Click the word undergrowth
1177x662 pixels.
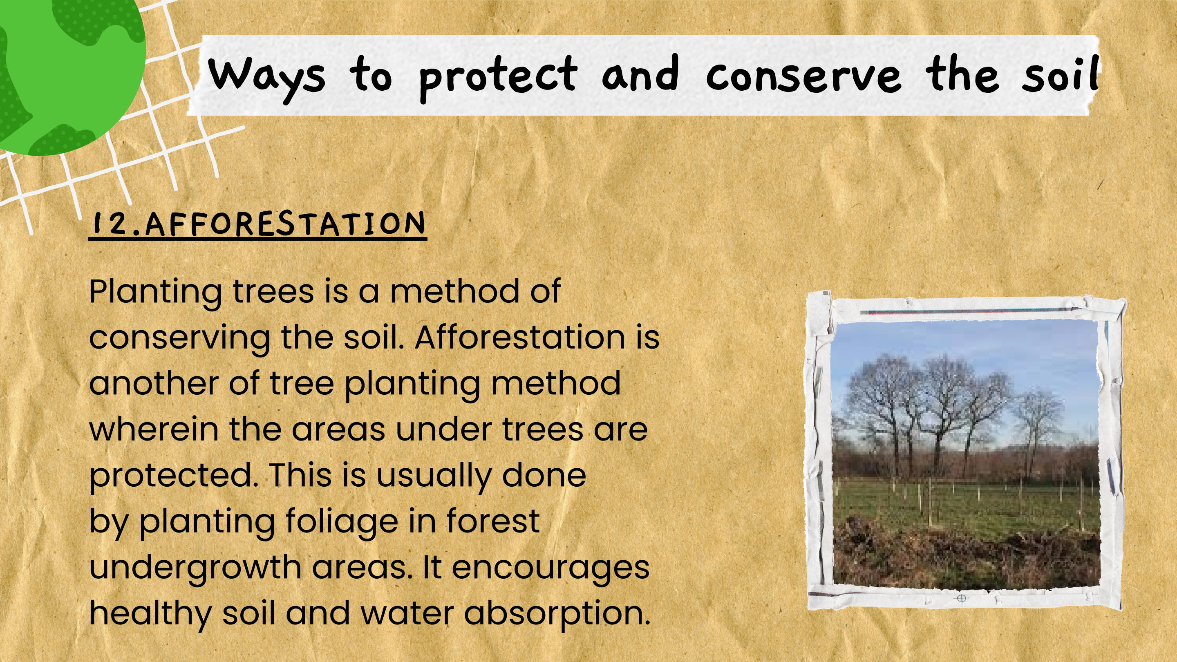tap(195, 568)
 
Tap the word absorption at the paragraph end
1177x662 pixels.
tap(557, 613)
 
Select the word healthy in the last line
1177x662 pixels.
tap(150, 613)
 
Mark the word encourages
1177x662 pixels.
tap(550, 568)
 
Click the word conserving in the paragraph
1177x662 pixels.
tap(179, 338)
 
